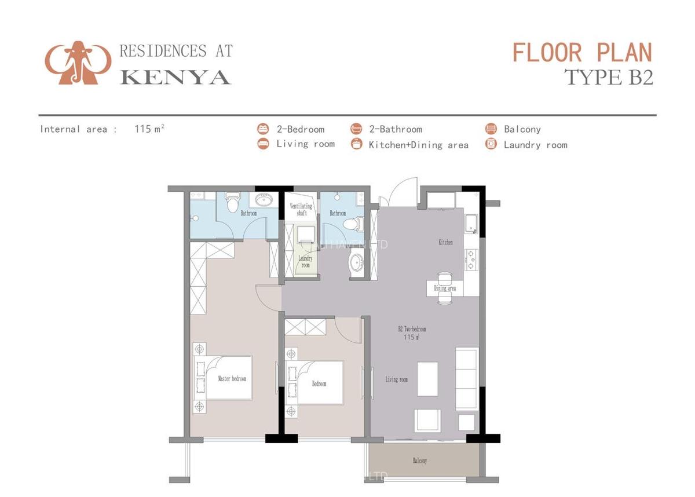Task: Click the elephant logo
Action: [78, 63]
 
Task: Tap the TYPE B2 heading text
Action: [608, 77]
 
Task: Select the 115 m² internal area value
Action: [149, 129]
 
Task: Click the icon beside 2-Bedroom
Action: [264, 129]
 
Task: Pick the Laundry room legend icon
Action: [491, 145]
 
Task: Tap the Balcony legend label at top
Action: [522, 129]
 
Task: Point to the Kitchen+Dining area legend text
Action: [418, 145]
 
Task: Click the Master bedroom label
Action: [232, 379]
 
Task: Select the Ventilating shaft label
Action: [301, 209]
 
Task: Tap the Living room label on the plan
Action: [396, 379]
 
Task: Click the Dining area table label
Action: [445, 288]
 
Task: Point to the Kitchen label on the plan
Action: [445, 242]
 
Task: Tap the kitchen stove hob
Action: [471, 260]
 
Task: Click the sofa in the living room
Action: [467, 378]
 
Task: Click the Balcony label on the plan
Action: [420, 461]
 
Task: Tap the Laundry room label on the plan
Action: [305, 262]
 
